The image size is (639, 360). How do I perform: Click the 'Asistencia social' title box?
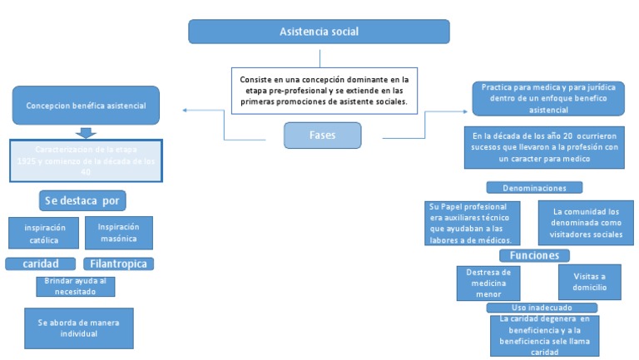319,32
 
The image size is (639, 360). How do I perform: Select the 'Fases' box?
322,135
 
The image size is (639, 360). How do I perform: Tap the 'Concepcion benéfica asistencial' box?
86,106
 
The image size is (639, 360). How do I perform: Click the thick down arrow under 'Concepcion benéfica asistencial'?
86,132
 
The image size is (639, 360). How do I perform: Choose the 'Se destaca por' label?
82,200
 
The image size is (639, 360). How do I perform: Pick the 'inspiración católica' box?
44,234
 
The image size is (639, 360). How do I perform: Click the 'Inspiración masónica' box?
119,233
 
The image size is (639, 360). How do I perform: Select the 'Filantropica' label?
119,264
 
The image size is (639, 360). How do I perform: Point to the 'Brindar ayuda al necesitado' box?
75,286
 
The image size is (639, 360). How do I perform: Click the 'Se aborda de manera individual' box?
79,328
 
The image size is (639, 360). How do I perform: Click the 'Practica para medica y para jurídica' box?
547,98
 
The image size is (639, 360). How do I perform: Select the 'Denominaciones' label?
534,188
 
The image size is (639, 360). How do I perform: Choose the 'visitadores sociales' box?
586,223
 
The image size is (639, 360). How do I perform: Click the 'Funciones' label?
534,255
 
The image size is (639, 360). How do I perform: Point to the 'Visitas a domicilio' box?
589,283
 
